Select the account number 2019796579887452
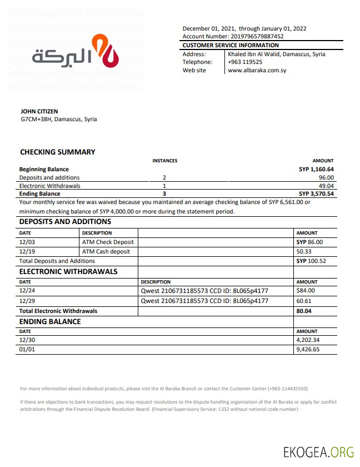pyautogui.click(x=257, y=37)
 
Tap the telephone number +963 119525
pyautogui.click(x=245, y=62)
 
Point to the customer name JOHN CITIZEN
pyautogui.click(x=39, y=111)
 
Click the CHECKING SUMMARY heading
pyautogui.click(x=58, y=152)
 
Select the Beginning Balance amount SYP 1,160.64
pyautogui.click(x=316, y=169)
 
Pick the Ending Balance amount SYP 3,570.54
pyautogui.click(x=316, y=194)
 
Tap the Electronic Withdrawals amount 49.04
pyautogui.click(x=326, y=186)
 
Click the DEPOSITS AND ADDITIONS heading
pyautogui.click(x=66, y=221)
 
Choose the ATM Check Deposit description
pyautogui.click(x=108, y=242)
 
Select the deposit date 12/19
pyautogui.click(x=27, y=251)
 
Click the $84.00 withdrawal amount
pyautogui.click(x=306, y=290)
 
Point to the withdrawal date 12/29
pyautogui.click(x=27, y=301)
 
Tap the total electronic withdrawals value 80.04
pyautogui.click(x=305, y=311)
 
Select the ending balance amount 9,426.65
pyautogui.click(x=309, y=350)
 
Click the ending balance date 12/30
pyautogui.click(x=27, y=340)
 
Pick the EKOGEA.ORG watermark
pyautogui.click(x=318, y=452)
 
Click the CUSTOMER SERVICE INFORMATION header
pyautogui.click(x=231, y=45)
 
